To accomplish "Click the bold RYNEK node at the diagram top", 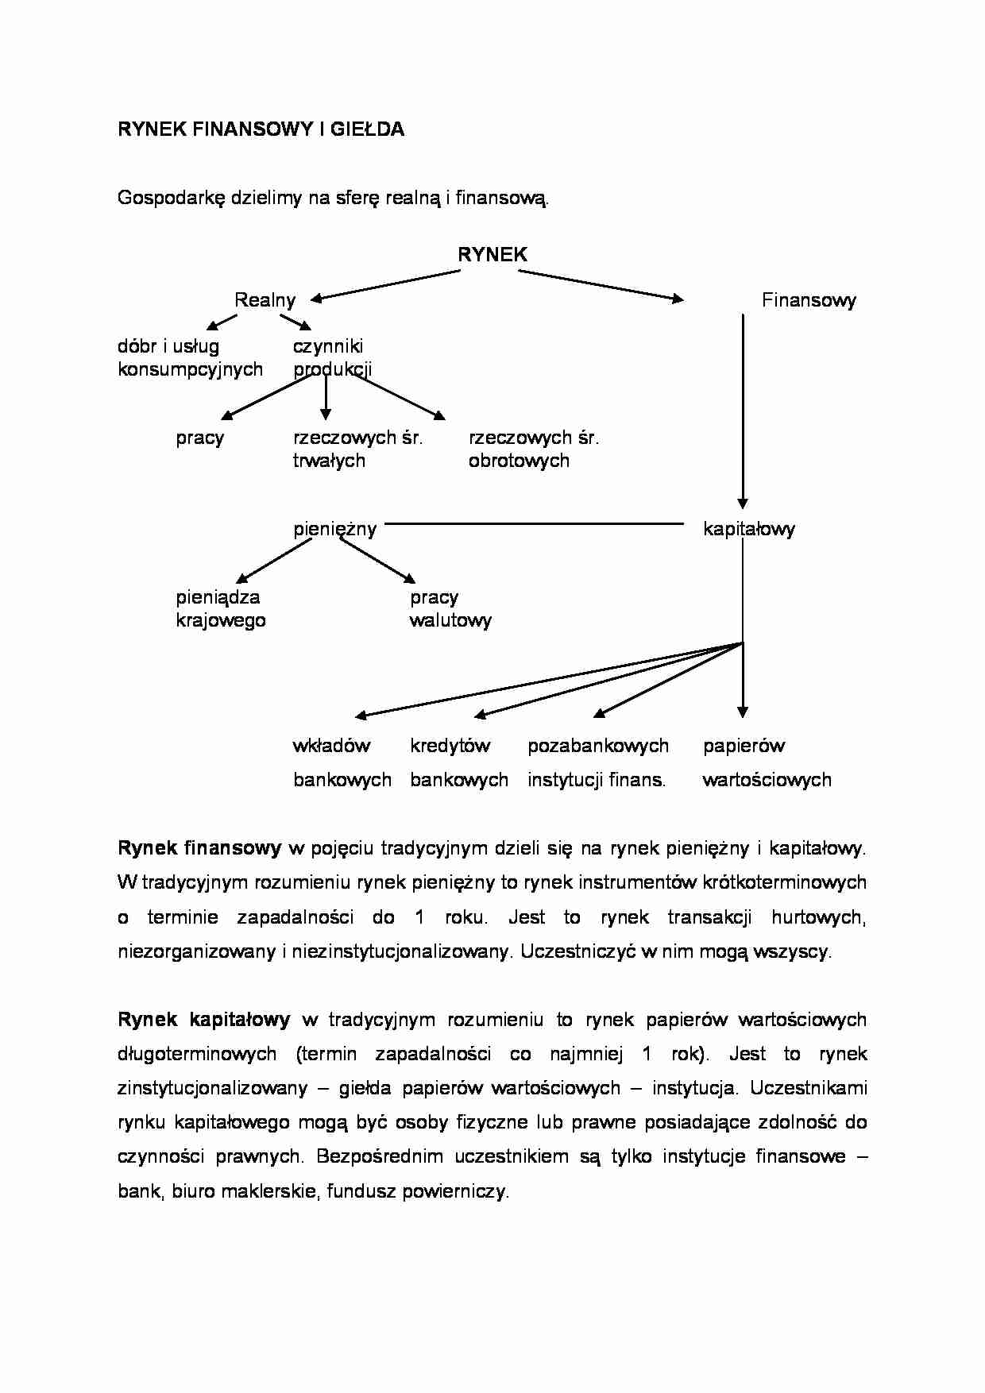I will [492, 254].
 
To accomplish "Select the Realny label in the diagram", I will [265, 300].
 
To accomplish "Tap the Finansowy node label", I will [809, 300].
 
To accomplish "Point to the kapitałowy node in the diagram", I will [748, 529].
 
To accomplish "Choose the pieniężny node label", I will [334, 529].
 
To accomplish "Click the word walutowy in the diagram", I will [450, 620].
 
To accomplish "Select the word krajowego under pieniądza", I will [221, 620].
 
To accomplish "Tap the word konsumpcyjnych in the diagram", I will [190, 369].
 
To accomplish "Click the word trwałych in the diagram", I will [329, 461].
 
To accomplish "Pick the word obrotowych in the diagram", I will [519, 461].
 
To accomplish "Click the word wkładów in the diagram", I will [331, 746].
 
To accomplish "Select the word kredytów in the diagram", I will [450, 746].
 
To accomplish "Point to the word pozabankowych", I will [598, 746].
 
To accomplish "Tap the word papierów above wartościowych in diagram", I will [744, 746].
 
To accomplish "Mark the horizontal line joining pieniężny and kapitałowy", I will [534, 523].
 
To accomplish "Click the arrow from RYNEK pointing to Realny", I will [385, 285].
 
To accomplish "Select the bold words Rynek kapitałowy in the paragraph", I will [204, 1020].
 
